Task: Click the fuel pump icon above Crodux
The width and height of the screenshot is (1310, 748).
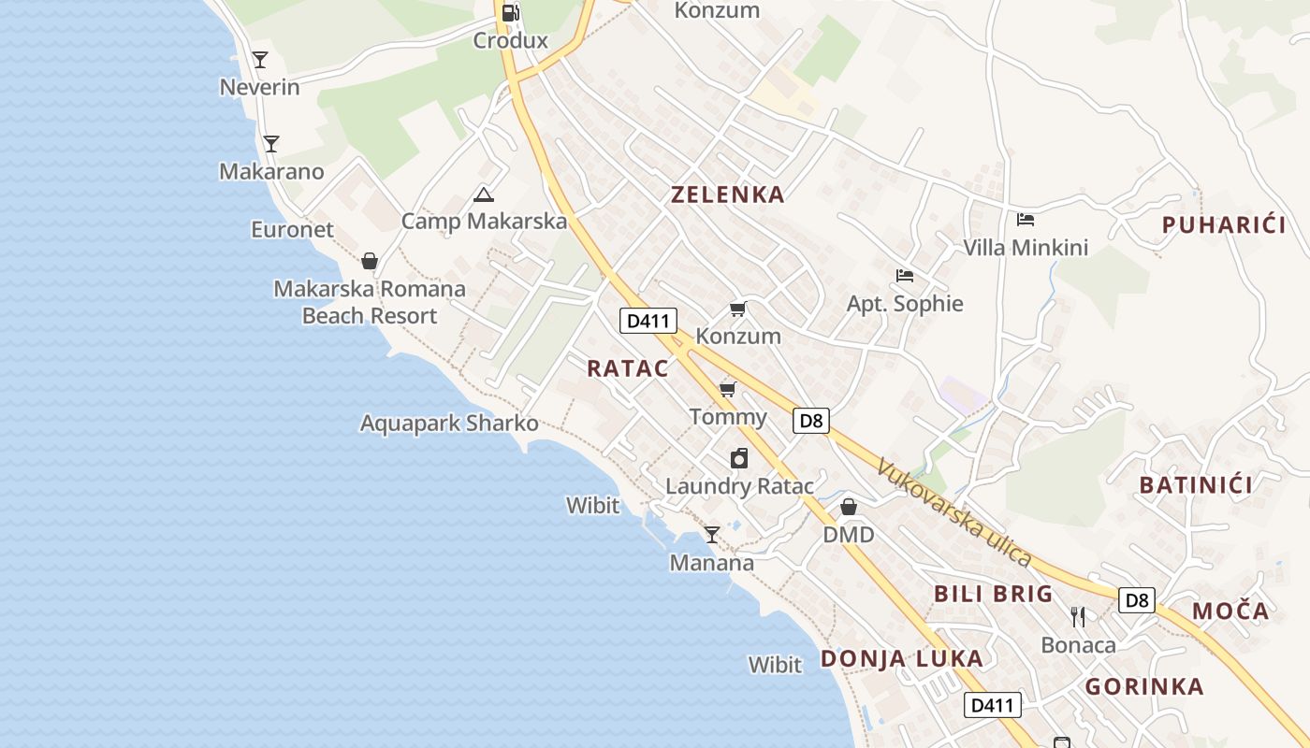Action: (510, 13)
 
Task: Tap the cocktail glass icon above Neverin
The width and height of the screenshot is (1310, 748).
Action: (260, 60)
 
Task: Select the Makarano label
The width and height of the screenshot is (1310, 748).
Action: (271, 171)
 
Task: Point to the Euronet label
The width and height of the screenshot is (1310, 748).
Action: (292, 229)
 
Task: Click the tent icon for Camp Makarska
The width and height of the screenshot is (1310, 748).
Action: (483, 194)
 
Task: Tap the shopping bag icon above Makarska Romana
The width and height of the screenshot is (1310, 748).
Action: (370, 261)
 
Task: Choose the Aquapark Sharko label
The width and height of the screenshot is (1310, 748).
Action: (449, 423)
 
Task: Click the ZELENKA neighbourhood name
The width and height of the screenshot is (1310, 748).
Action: (727, 194)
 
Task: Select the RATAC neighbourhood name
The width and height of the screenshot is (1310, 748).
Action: (628, 368)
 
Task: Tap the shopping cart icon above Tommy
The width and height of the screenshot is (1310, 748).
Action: (728, 389)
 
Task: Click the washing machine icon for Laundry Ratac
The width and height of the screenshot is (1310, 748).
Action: (739, 458)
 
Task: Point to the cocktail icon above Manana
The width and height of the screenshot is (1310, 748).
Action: (712, 535)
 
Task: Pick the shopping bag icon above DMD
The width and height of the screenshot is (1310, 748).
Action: (849, 507)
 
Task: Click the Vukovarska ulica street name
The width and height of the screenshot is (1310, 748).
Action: (954, 511)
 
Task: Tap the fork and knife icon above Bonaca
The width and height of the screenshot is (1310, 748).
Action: (1078, 617)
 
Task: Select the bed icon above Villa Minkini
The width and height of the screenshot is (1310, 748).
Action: (1026, 220)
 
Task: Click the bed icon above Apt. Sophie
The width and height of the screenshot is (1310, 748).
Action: (904, 276)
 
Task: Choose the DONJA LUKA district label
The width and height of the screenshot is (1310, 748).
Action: (902, 658)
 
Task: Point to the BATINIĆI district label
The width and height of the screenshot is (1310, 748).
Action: (1196, 484)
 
